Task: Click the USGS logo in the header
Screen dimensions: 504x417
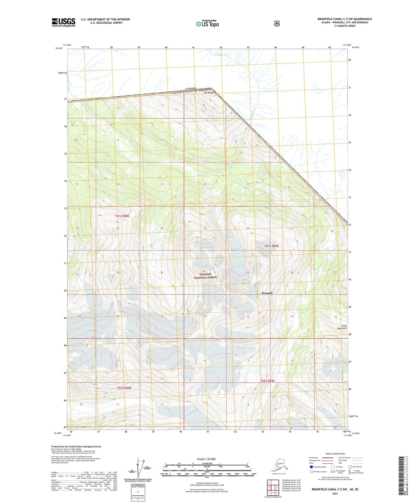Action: [x=63, y=22]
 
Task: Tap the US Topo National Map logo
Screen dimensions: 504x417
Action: [x=207, y=24]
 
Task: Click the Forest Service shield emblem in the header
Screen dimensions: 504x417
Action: [x=276, y=23]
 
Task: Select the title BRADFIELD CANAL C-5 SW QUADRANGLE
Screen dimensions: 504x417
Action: [x=345, y=19]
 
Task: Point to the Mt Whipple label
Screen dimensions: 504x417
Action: [x=210, y=93]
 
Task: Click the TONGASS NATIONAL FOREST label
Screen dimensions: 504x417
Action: [x=205, y=276]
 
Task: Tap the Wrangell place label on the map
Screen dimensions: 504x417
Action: [x=267, y=293]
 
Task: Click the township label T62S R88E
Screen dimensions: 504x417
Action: [x=124, y=388]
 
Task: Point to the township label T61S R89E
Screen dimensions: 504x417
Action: [x=272, y=246]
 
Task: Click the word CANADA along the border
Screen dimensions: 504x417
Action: [x=191, y=88]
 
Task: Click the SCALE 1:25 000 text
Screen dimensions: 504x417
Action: [x=206, y=459]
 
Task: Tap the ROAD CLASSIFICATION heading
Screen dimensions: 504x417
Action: [x=335, y=454]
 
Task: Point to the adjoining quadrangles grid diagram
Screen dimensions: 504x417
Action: [x=273, y=488]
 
